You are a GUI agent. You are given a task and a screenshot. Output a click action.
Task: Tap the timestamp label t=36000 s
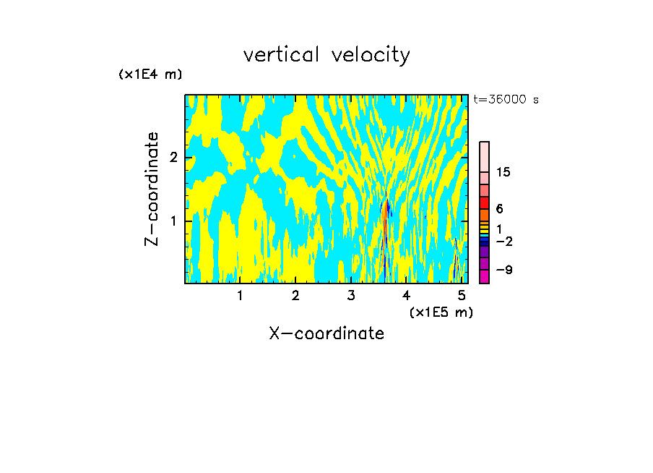click(506, 100)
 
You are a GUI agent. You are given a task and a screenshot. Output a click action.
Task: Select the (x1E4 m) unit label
click(150, 74)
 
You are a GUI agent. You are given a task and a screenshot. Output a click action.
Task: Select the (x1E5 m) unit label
click(441, 312)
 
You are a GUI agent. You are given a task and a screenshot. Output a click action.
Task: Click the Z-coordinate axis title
click(152, 189)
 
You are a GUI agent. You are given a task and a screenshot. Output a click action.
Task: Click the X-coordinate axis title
click(326, 333)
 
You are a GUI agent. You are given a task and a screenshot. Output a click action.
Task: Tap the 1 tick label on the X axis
click(240, 296)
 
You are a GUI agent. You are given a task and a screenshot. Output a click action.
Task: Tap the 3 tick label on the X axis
click(351, 296)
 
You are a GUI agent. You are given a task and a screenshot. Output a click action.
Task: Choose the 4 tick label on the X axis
click(407, 296)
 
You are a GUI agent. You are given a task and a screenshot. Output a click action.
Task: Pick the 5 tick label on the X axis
click(462, 296)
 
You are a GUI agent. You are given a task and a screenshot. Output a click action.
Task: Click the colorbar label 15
click(504, 172)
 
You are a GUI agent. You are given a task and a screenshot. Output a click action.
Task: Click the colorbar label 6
click(500, 208)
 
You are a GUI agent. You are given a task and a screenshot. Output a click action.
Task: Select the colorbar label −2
click(504, 241)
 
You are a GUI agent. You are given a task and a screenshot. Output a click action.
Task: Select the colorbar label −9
click(504, 270)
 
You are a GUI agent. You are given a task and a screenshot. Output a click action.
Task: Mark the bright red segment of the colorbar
click(484, 203)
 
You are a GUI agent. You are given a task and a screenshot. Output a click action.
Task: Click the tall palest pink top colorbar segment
click(484, 156)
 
